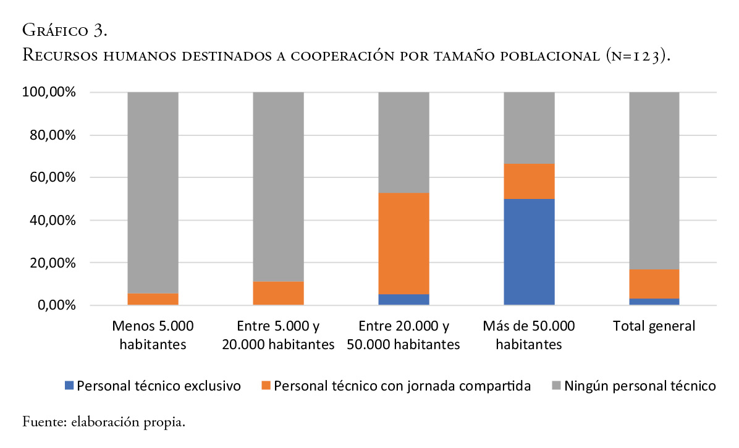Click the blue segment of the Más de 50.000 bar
coord(529,251)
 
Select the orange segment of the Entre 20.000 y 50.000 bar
coord(403,243)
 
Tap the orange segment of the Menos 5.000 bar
coord(153,299)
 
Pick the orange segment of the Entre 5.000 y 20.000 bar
coord(278,293)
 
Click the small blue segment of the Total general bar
coord(654,302)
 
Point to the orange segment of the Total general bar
coord(654,284)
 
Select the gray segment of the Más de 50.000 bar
coord(529,128)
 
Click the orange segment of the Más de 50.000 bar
coord(529,181)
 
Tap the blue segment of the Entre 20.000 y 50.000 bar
coord(403,299)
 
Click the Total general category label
coord(654,326)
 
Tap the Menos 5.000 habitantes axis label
coord(153,334)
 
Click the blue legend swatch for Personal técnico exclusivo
coord(69,387)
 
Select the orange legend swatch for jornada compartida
coord(266,387)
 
